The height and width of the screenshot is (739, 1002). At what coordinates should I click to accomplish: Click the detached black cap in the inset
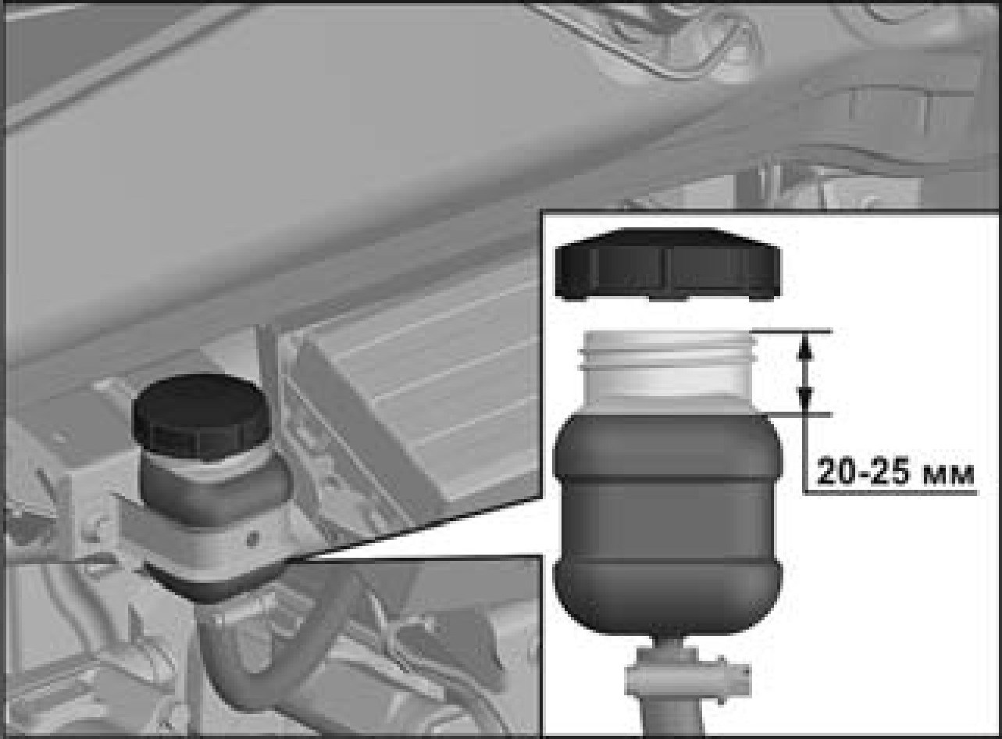click(668, 265)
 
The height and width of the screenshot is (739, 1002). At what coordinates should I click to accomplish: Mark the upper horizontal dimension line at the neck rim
click(793, 332)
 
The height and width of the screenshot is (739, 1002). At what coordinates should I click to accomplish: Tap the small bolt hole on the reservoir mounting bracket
click(254, 535)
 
